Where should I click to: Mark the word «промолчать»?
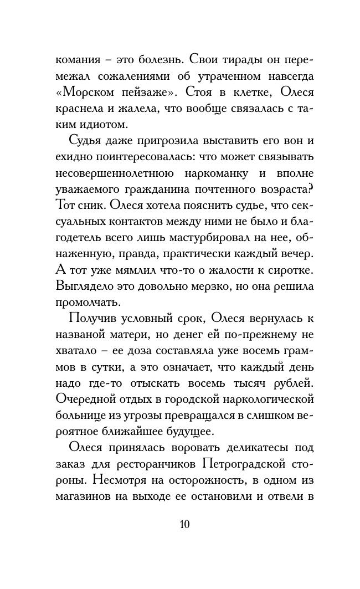pos(88,303)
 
